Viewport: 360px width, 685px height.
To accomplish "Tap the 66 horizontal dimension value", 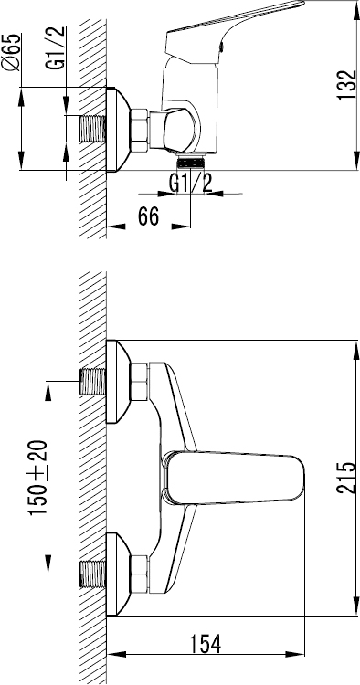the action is tap(148, 216).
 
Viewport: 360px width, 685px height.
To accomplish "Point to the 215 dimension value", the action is tap(346, 478).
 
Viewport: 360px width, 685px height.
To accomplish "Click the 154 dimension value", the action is tap(206, 644).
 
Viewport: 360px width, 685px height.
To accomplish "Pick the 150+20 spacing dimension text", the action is tap(38, 478).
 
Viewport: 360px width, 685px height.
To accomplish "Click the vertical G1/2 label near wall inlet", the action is tap(56, 48).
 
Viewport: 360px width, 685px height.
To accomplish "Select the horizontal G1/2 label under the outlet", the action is tap(190, 184).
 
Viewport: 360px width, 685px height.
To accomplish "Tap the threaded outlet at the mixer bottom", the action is tap(191, 163).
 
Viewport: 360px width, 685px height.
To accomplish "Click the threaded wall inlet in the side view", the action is tap(93, 129).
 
